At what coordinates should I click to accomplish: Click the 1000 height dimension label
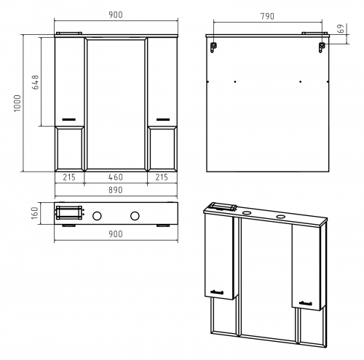(17, 103)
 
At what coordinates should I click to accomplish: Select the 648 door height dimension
(35, 82)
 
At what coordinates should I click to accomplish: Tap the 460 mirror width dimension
(116, 177)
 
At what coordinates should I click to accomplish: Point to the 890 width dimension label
(116, 190)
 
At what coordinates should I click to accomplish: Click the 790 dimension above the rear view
(267, 16)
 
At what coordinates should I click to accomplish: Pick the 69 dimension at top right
(341, 28)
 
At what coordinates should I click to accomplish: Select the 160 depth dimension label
(35, 213)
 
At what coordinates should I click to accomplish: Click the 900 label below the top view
(116, 234)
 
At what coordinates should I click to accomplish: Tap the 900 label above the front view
(116, 15)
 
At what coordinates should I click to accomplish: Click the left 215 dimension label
(69, 177)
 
